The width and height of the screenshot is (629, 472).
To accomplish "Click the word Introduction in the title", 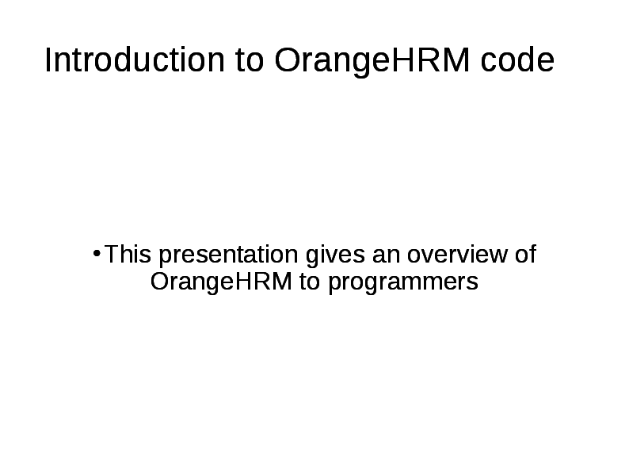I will click(x=135, y=61).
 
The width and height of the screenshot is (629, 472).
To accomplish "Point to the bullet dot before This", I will click(x=96, y=254).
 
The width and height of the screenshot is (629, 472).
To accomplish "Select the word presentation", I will click(x=227, y=255).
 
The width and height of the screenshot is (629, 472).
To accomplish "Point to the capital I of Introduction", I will click(x=48, y=61).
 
